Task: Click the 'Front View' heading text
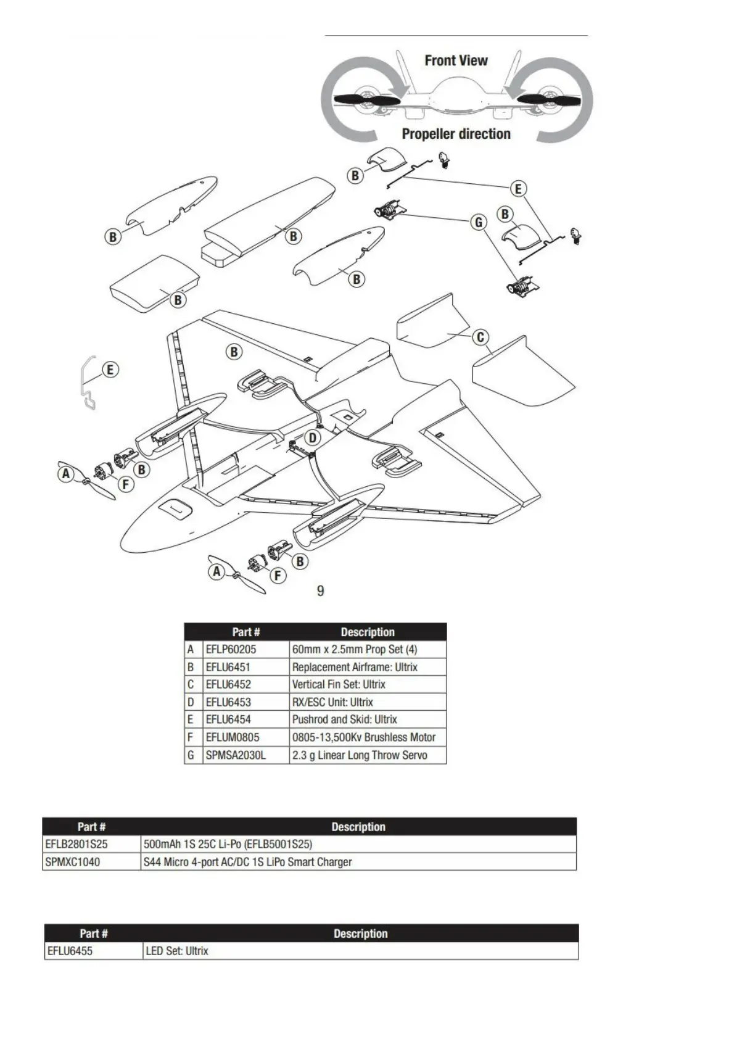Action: pyautogui.click(x=456, y=60)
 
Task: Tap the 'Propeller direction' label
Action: pyautogui.click(x=456, y=134)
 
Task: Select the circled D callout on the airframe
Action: pyautogui.click(x=313, y=438)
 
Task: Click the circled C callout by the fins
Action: pyautogui.click(x=480, y=337)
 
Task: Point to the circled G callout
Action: pyautogui.click(x=479, y=222)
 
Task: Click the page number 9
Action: pyautogui.click(x=320, y=591)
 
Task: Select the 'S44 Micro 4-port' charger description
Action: pyautogui.click(x=247, y=862)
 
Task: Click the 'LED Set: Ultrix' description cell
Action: pyautogui.click(x=177, y=951)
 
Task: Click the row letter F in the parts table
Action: pyautogui.click(x=191, y=737)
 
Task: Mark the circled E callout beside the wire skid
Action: pyautogui.click(x=110, y=370)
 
